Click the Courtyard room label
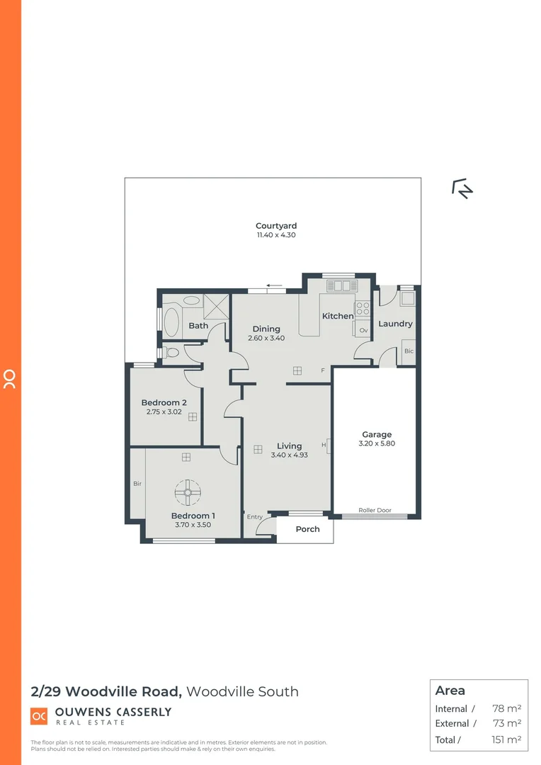(x=276, y=226)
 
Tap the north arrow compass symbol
(x=462, y=188)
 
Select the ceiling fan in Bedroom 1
(x=188, y=492)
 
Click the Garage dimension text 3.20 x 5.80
(x=376, y=444)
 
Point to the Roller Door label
(x=375, y=510)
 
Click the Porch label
(x=307, y=529)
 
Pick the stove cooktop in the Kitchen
(x=363, y=308)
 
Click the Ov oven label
(x=363, y=330)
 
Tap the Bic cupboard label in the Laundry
(x=408, y=351)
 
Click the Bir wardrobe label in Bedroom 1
(x=137, y=484)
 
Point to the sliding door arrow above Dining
(x=274, y=286)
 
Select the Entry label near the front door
(x=254, y=517)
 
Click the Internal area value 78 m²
(x=506, y=708)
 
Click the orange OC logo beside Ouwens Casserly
(x=39, y=716)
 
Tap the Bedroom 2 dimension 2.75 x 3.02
(x=164, y=412)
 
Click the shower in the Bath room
(x=214, y=306)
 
